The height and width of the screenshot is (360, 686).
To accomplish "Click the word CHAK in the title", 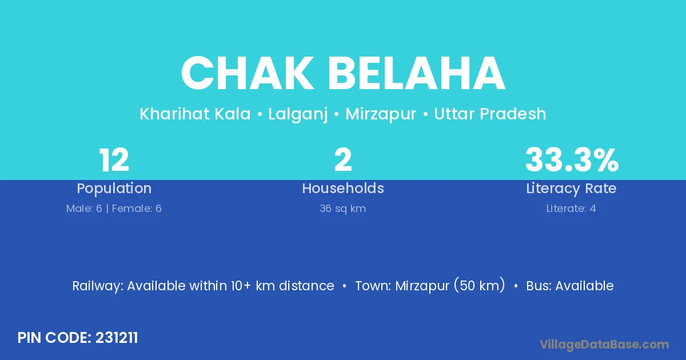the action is click(248, 73).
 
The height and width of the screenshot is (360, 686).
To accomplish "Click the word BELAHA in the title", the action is click(417, 73).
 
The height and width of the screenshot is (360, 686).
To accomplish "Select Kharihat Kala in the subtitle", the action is click(195, 114).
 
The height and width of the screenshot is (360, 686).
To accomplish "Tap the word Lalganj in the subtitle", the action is click(298, 114).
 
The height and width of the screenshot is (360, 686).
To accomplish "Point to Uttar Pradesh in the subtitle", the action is click(490, 114).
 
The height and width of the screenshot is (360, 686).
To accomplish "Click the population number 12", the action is click(114, 160).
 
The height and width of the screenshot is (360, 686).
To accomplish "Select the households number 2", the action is click(343, 160).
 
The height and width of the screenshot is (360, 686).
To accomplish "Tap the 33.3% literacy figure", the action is click(572, 160).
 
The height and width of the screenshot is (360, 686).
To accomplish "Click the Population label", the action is click(114, 189).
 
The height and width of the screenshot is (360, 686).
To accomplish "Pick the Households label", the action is click(343, 188).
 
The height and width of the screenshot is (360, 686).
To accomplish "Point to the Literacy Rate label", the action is click(571, 189).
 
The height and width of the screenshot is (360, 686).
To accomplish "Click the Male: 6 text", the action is click(84, 209).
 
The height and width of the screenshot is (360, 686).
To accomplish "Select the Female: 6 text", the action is click(137, 209).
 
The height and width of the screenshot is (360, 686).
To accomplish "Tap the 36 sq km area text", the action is click(342, 209).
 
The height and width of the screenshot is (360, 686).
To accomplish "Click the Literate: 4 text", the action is click(571, 209).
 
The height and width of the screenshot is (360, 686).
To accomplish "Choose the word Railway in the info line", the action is click(98, 286).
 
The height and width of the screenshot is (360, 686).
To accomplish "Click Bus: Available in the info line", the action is click(570, 286).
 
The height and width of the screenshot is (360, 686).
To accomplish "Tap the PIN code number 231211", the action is click(117, 338).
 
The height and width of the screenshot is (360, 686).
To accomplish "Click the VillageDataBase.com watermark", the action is click(604, 345).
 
